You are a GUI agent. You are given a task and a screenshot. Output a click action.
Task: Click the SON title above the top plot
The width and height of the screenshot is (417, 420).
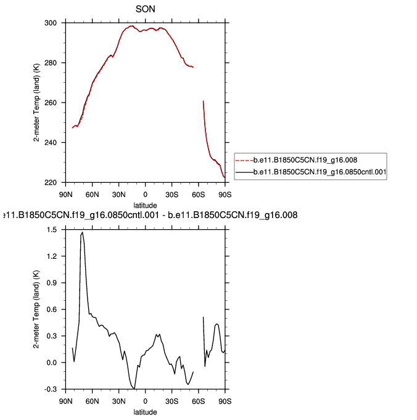pos(145,9)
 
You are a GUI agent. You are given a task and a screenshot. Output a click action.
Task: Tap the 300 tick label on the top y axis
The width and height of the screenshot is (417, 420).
pos(51,23)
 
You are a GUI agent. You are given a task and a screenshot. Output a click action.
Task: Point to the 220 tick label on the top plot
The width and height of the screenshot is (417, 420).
pos(51,183)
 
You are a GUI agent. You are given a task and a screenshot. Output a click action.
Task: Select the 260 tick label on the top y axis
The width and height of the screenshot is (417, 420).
pos(51,103)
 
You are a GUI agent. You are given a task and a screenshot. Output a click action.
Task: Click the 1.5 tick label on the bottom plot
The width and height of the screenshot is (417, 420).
pos(52,230)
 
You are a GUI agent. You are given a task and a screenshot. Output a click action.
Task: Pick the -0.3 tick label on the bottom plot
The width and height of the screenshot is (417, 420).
pos(51,390)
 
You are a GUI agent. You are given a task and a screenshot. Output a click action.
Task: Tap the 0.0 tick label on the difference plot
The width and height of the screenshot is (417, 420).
pos(52,363)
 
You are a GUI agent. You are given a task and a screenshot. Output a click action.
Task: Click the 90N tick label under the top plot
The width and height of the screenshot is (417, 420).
pos(65,194)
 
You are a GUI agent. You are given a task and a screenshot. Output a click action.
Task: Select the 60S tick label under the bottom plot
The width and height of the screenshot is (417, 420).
pos(198,401)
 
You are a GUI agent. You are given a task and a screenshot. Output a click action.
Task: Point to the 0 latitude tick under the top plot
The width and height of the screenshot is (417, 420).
pos(145,194)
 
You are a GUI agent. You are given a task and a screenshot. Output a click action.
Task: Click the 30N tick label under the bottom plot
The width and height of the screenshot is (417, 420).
pos(118,401)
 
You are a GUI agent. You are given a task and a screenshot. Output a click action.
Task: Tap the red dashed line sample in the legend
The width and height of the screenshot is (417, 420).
pos(249,161)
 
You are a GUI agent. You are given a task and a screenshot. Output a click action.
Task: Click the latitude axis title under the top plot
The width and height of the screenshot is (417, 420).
pos(146,204)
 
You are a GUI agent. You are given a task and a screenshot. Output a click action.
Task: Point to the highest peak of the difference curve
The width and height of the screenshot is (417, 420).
pos(83,233)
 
